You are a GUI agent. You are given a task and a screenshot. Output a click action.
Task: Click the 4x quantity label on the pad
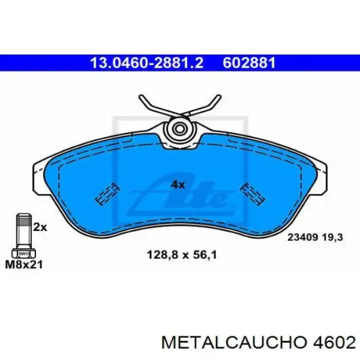178,184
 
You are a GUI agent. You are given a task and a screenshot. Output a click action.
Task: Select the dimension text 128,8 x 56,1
181,254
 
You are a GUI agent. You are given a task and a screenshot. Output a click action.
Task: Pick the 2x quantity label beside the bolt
40,227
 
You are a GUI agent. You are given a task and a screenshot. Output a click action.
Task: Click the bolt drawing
23,234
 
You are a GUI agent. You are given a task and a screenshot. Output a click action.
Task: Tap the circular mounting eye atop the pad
178,128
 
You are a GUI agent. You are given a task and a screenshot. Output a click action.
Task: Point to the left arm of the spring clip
151,106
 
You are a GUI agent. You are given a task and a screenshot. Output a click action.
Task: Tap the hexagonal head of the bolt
22,252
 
